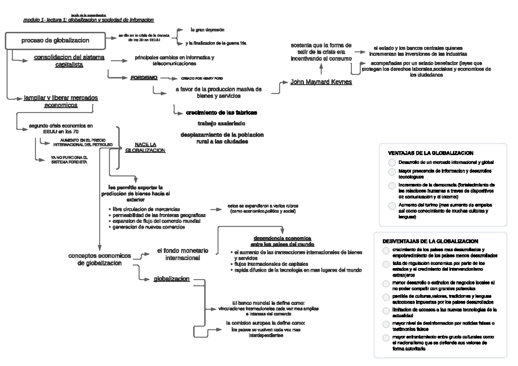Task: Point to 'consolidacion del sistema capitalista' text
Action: click(69, 61)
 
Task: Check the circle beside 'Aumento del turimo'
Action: click(391, 205)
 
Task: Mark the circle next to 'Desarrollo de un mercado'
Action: click(391, 163)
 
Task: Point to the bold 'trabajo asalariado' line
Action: click(221, 123)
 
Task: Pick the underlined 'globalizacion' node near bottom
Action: click(171, 279)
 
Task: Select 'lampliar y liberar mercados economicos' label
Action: click(60, 101)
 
